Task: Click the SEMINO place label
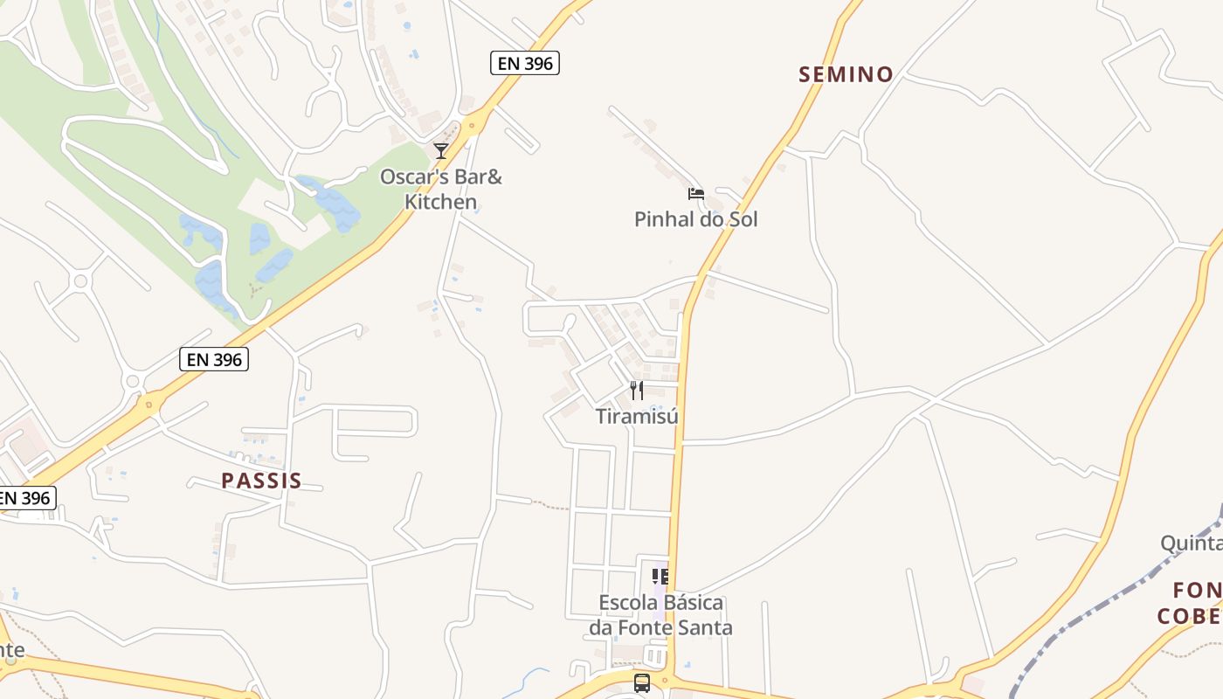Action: pyautogui.click(x=846, y=74)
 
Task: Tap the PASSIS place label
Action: pyautogui.click(x=261, y=481)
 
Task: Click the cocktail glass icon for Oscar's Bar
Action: pyautogui.click(x=441, y=151)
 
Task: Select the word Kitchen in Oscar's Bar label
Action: pyautogui.click(x=440, y=202)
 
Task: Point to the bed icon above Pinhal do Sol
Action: pyautogui.click(x=696, y=193)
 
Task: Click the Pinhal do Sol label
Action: pyautogui.click(x=695, y=219)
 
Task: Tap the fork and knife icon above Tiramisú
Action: pyautogui.click(x=637, y=391)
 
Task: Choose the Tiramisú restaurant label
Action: pyautogui.click(x=637, y=416)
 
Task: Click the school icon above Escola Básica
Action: pyautogui.click(x=660, y=577)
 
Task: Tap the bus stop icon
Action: pyautogui.click(x=642, y=682)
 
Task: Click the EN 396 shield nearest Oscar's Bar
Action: pyautogui.click(x=524, y=62)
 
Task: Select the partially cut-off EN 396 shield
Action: pyautogui.click(x=26, y=498)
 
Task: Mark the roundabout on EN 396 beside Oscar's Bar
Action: pyautogui.click(x=473, y=125)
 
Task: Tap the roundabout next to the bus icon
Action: pyautogui.click(x=666, y=681)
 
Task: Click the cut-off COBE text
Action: pyautogui.click(x=1190, y=616)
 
